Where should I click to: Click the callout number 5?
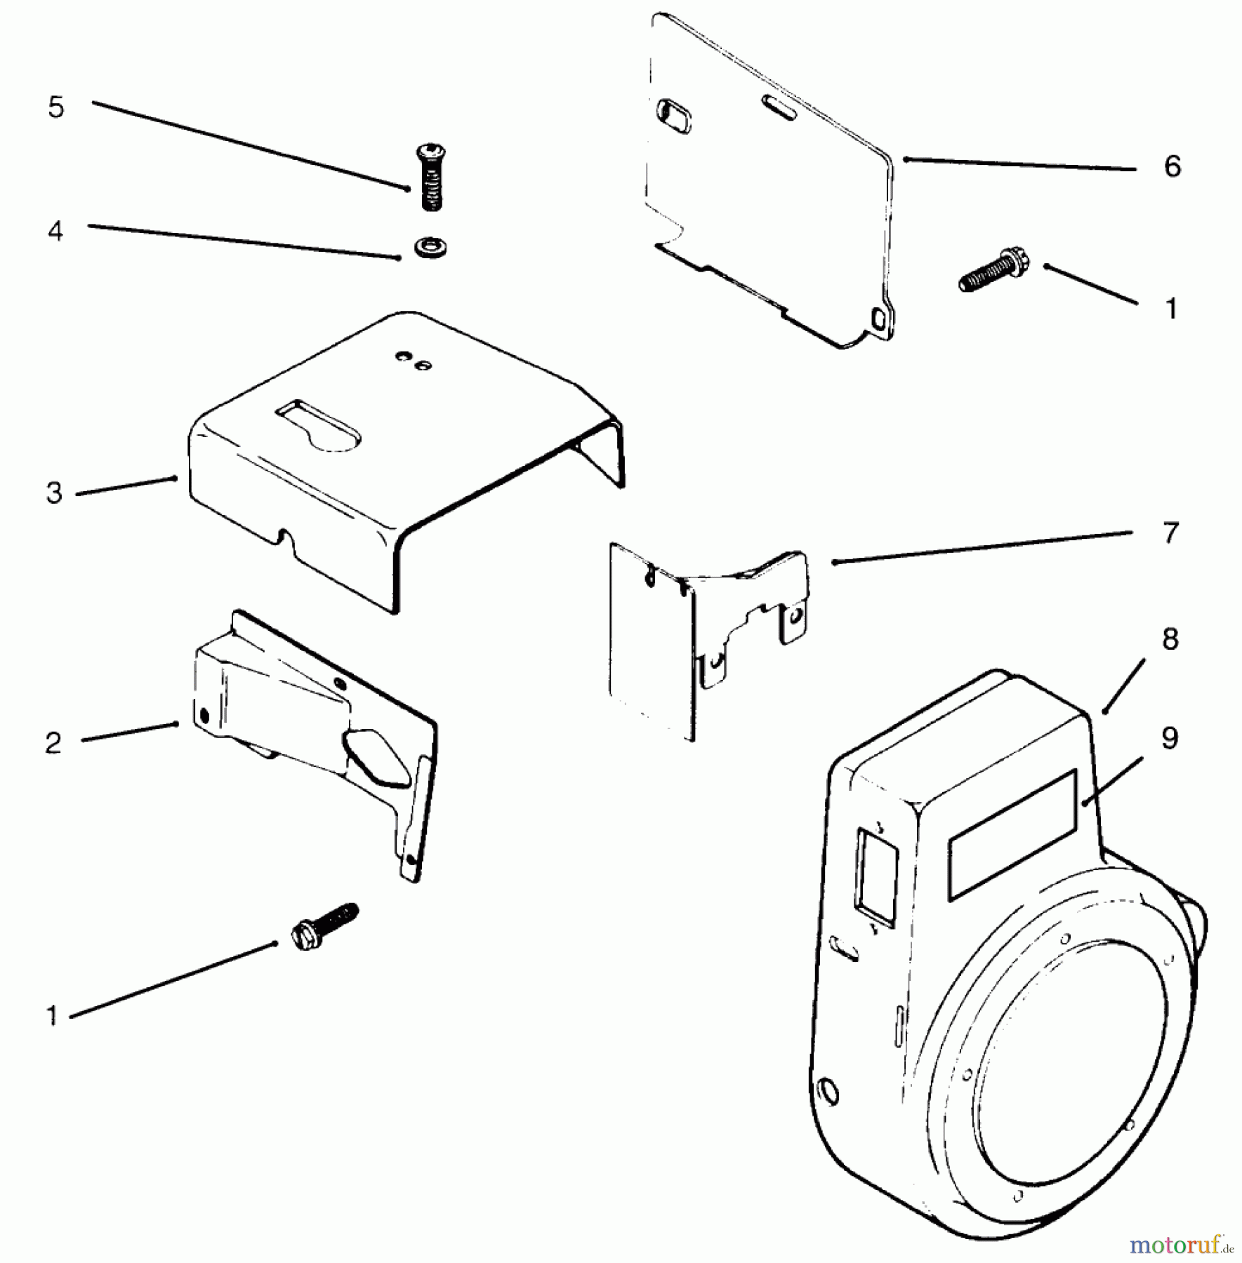56,108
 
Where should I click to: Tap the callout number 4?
55,231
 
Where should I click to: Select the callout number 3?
55,493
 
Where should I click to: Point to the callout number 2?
53,743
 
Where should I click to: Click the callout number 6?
1172,167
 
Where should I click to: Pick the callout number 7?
1170,533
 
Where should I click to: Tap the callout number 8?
1170,639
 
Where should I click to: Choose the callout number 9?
1169,738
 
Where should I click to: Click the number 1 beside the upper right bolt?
1171,309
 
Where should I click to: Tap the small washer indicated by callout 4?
430,247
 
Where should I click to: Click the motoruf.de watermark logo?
1180,1245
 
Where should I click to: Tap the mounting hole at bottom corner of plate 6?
878,320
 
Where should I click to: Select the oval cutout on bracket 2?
376,756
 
